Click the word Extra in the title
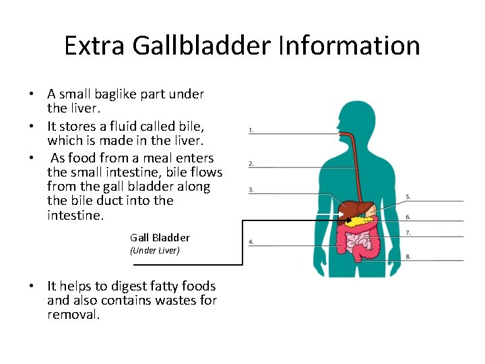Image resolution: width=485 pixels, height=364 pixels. pos(95,46)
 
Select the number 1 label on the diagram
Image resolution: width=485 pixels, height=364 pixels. pos(251,129)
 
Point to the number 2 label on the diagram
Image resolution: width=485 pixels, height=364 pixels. pos(251,163)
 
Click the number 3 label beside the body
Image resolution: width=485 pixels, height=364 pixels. pos(251,189)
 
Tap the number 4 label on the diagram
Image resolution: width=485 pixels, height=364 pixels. pos(251,241)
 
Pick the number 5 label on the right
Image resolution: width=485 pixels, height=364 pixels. pos(408,197)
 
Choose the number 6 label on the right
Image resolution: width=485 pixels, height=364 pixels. pos(408,216)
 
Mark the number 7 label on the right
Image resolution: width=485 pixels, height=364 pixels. pos(408,233)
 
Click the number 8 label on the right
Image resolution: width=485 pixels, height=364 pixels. pos(408,256)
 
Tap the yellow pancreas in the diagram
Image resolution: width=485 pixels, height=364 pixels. pos(364,220)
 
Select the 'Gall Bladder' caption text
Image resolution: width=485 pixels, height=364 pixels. pos(160,237)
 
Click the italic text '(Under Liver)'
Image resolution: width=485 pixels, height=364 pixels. pos(154,251)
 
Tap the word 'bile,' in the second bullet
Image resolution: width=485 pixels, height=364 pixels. pos(191,126)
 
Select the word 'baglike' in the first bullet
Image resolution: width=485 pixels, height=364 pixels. pos(108,94)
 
